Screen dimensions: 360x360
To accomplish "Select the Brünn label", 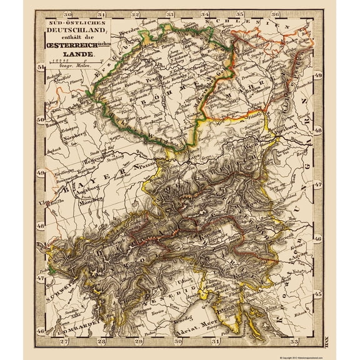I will [247, 89].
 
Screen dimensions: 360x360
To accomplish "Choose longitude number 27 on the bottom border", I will [62, 341].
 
